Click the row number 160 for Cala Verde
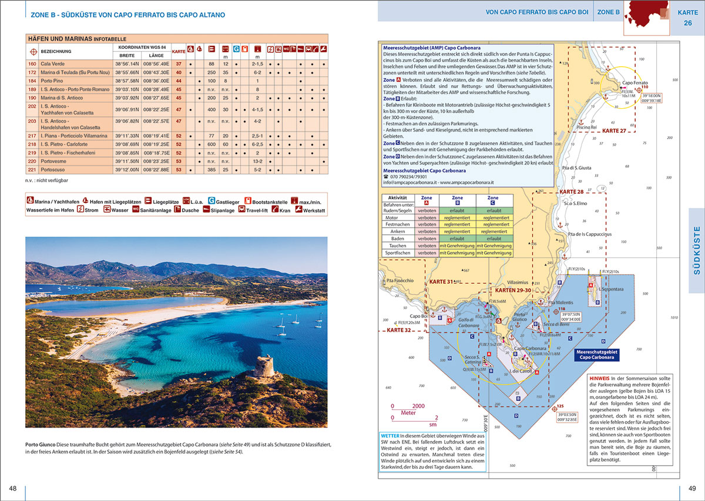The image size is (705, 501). coord(32,63)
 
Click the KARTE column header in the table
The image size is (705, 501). coord(178,51)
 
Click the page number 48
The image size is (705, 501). coord(13,489)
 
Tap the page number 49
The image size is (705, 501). coord(692,489)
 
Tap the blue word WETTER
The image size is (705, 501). coord(392,436)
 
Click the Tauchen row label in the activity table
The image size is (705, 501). coord(398,246)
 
